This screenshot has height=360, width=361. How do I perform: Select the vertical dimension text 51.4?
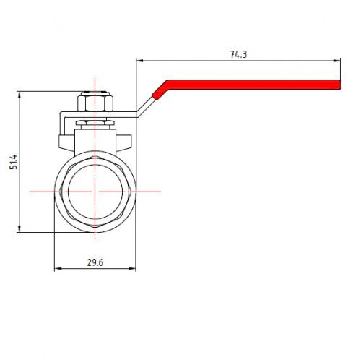pos(12,162)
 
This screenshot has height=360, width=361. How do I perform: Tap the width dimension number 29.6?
pos(95,262)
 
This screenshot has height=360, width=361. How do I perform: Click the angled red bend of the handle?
pos(160,91)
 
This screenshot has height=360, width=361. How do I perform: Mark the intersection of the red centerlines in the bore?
pos(95,192)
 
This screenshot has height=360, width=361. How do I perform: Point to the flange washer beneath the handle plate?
pos(95,122)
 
